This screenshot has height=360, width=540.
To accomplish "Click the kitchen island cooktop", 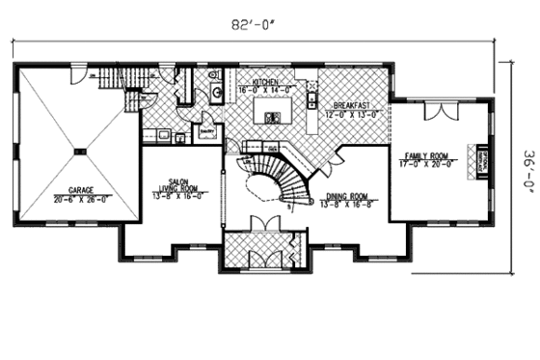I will coord(273,117).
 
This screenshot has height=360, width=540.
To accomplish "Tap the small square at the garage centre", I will coord(80,152).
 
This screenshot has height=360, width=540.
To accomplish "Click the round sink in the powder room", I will coord(216,93).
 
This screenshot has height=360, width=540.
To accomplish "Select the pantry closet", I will coord(205,130).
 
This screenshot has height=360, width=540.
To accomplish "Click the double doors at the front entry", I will coord(262,224).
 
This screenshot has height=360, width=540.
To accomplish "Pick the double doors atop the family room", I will coord(440,109).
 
